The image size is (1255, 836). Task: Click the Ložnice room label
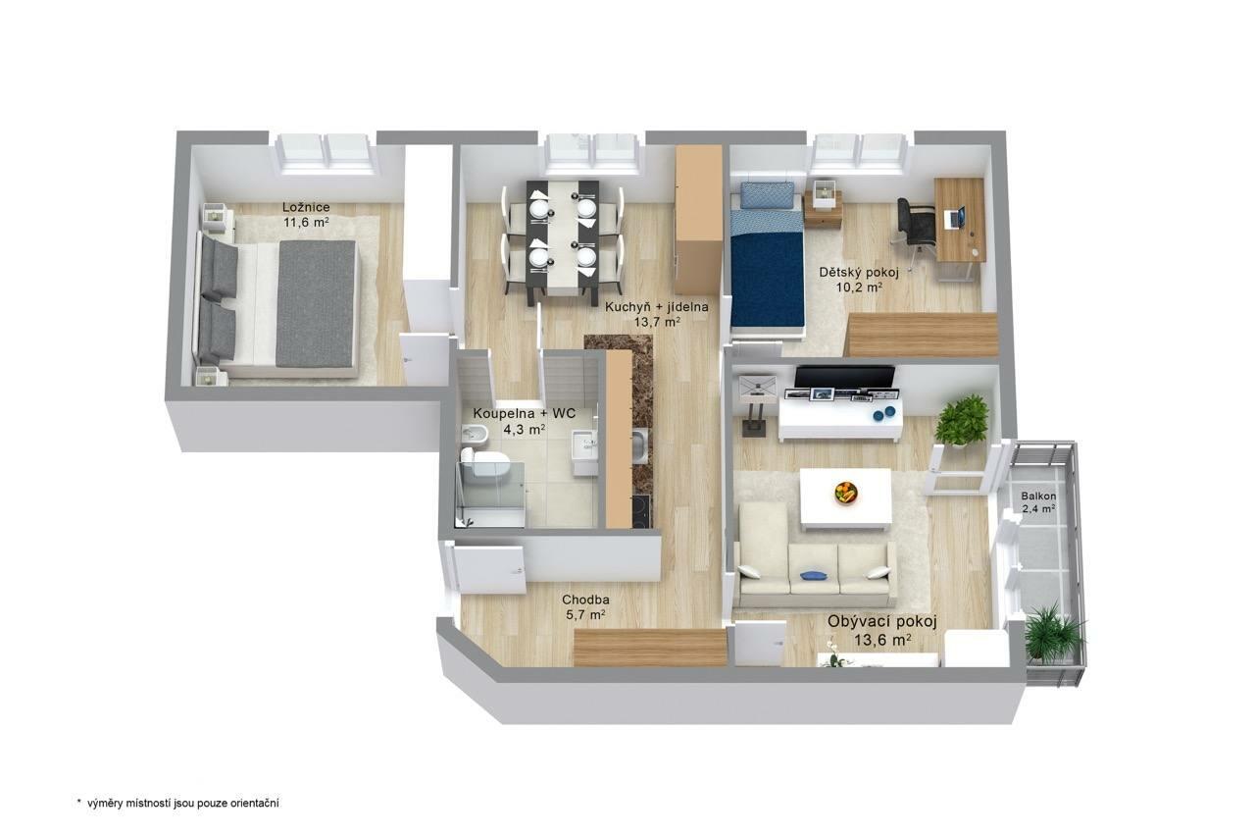point(306,207)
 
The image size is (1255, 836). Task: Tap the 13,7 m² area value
point(657,322)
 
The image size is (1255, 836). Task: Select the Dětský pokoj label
point(859,273)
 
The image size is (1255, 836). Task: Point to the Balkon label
point(1038,496)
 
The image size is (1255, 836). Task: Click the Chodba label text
point(586,600)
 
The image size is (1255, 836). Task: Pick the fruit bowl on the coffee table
point(846,493)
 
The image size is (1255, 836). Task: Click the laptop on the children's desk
point(955,218)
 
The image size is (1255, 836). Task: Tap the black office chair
point(916,226)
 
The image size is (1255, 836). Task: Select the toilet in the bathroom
point(485,463)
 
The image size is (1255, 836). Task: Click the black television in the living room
point(845,376)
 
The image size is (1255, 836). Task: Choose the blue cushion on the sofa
point(814,575)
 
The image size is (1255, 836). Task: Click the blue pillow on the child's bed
point(767,194)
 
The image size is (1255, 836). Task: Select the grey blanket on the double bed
point(318,304)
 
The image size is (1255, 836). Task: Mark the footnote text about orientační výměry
point(178,804)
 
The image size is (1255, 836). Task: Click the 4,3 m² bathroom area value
point(524,430)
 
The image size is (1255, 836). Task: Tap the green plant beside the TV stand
point(962,420)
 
